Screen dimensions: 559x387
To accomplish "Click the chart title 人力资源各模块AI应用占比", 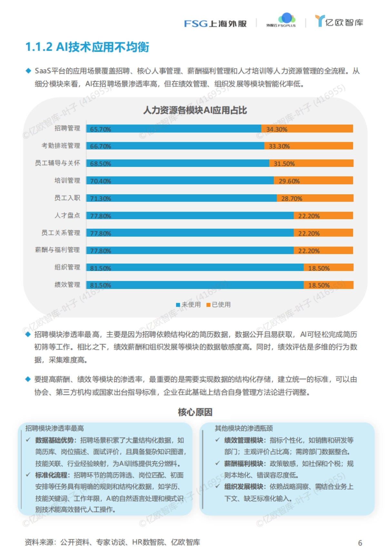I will [x=195, y=110].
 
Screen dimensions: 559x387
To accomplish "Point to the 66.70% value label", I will [x=101, y=146].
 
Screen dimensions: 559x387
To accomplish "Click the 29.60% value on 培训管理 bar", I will [x=289, y=181].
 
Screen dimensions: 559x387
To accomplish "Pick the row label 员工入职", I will [x=67, y=198].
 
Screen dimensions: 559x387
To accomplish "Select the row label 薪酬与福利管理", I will [x=57, y=250].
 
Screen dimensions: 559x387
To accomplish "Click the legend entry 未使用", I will [x=189, y=304].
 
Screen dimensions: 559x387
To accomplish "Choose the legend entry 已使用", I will [x=219, y=304].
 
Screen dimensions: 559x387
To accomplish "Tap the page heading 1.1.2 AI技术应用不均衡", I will [x=87, y=47].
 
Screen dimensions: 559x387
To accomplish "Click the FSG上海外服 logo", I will [x=215, y=24].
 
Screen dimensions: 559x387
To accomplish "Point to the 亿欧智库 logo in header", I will [x=339, y=22].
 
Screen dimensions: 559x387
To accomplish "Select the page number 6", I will [x=360, y=543].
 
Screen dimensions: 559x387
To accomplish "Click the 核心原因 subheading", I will [x=195, y=412].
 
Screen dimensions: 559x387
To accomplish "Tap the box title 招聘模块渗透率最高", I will [x=55, y=428].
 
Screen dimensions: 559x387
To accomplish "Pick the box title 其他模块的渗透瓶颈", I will [x=243, y=428].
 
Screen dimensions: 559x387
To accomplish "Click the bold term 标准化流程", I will [x=51, y=475].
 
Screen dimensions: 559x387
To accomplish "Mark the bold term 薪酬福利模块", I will [x=243, y=464].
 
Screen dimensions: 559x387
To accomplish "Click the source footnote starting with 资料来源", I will [x=112, y=542].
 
